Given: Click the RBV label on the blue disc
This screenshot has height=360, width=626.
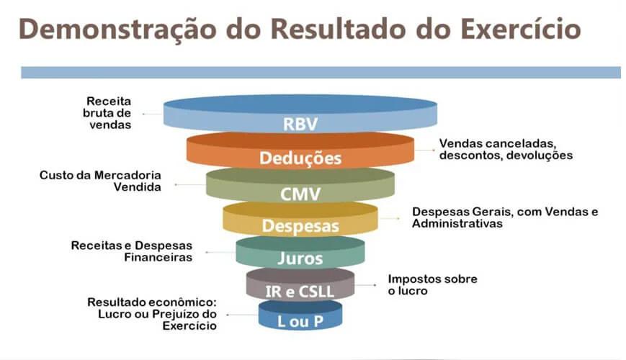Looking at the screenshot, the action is click(300, 124).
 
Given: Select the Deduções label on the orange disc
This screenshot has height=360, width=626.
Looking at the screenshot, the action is click(300, 158).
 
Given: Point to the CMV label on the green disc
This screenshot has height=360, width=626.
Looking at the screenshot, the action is click(300, 194).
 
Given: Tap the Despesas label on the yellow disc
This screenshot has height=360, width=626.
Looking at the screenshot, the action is click(300, 225).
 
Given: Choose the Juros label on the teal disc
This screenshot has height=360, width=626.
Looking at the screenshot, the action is click(300, 258).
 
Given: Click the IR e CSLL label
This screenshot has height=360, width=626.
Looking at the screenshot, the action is click(300, 289).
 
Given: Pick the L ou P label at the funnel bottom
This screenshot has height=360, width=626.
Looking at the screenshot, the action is click(300, 321).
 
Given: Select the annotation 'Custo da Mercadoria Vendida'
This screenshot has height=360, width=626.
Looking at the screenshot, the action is click(101, 181).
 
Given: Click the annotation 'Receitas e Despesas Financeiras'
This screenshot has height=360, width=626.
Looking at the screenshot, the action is click(132, 251).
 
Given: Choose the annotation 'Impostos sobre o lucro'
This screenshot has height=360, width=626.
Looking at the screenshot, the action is click(432, 284).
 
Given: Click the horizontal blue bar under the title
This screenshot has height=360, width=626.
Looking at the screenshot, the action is click(321, 72).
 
